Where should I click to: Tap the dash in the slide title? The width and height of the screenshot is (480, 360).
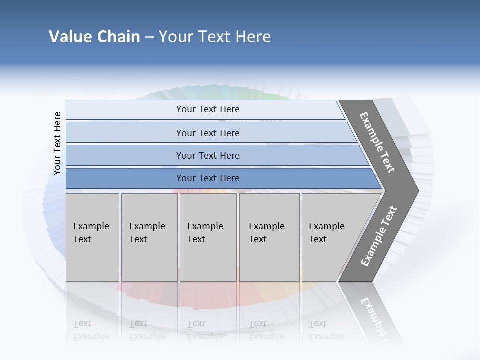[x=149, y=37]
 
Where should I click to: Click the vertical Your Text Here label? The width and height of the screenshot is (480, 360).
[x=57, y=143]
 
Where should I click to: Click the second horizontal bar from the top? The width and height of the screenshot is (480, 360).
[x=208, y=133]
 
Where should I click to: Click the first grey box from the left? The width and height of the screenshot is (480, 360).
[x=92, y=237]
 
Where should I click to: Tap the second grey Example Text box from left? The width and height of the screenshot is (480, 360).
[x=149, y=237]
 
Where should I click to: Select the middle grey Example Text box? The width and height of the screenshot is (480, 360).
[x=208, y=237]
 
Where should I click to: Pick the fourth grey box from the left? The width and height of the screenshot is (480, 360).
[x=269, y=237]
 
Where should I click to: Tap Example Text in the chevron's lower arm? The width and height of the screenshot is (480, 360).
[x=378, y=236]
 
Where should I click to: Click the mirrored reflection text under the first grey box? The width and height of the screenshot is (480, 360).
[x=91, y=330]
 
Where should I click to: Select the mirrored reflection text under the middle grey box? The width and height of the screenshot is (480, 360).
[x=205, y=330]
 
